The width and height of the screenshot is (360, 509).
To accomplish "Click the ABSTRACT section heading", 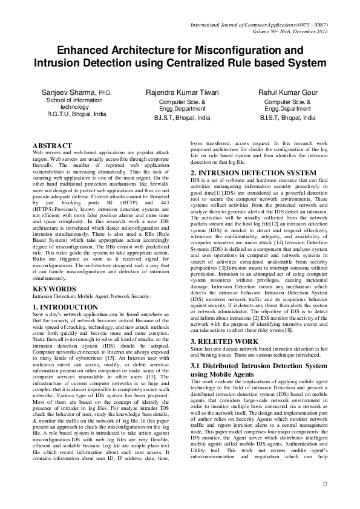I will click(52, 146).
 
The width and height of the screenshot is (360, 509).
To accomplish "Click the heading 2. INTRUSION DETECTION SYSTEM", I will click(253, 173).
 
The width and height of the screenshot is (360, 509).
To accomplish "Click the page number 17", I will click(324, 485).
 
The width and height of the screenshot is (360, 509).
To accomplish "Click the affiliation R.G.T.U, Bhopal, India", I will click(76, 114).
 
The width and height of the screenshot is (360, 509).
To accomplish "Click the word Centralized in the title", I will click(201, 62).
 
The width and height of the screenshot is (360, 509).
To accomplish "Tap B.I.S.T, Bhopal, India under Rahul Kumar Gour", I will click(288, 118).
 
